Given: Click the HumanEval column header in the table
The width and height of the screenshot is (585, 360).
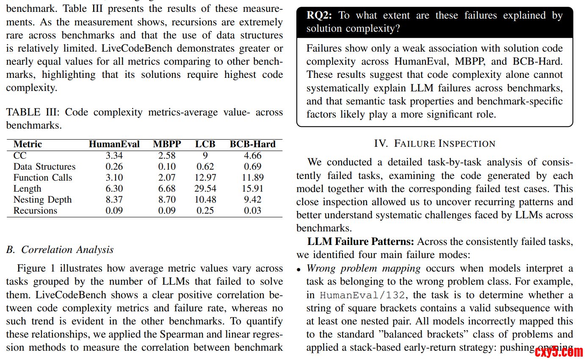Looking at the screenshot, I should click(114, 144).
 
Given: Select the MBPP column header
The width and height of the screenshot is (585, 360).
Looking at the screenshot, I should click(167, 144).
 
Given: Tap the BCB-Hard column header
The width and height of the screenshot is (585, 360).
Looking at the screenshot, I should click(252, 144).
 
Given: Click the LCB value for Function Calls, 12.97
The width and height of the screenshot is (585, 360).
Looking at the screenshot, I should click(205, 178).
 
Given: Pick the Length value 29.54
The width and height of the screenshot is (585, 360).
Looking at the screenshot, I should click(205, 189).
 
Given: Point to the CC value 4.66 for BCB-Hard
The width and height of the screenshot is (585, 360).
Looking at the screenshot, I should click(253, 156).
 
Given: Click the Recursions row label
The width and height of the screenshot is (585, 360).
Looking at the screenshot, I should click(35, 211).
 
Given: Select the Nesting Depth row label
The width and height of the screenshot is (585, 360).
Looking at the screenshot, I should click(42, 200).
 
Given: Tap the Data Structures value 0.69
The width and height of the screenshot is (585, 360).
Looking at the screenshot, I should click(253, 167).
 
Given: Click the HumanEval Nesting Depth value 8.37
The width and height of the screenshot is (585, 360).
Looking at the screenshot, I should click(114, 200).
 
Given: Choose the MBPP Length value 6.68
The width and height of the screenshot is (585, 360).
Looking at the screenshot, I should click(167, 189).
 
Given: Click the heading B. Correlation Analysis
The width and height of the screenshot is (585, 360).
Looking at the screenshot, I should click(60, 250).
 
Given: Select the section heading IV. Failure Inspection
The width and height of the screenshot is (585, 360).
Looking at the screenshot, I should click(434, 143).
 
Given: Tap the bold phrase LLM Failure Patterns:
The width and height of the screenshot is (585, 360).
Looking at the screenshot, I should click(361, 242).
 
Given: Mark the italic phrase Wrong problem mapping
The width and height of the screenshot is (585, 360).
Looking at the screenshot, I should click(364, 269).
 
